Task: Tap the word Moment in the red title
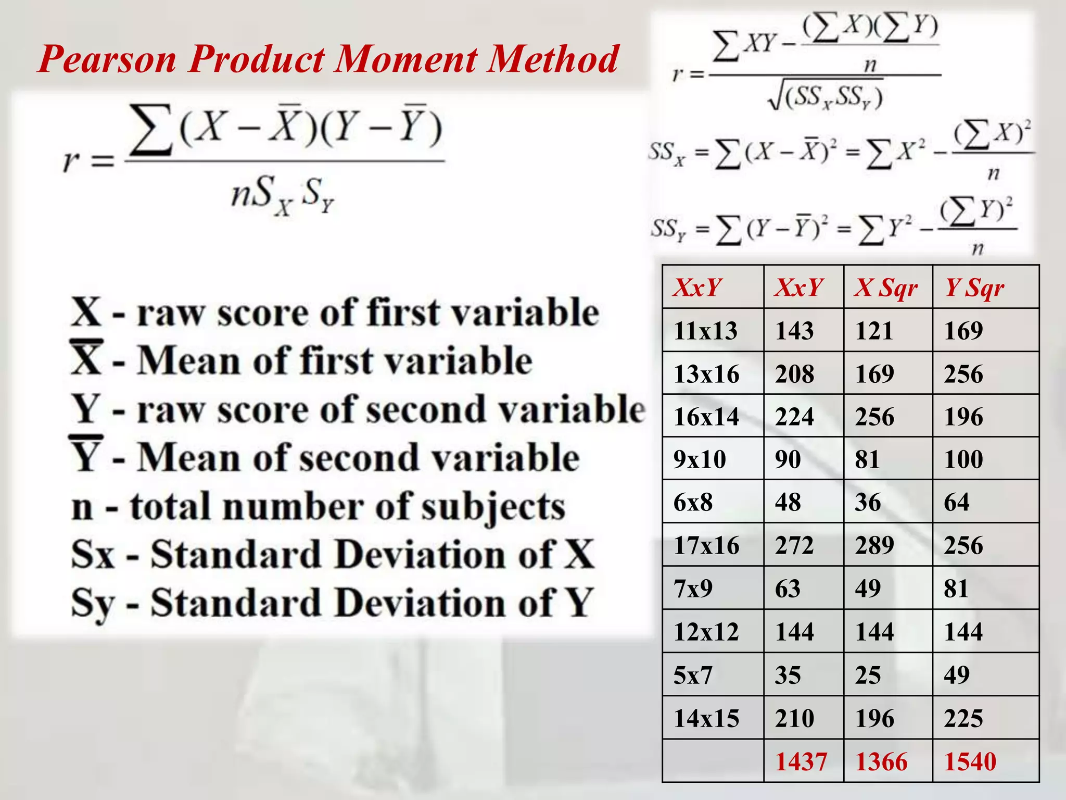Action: (405, 59)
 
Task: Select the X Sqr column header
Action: (885, 288)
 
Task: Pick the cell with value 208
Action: (794, 374)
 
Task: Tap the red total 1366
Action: (881, 761)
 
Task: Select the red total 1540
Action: (970, 761)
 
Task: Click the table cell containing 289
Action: (874, 545)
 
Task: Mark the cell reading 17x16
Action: (706, 545)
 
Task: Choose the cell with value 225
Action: (963, 718)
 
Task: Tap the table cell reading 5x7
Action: (693, 675)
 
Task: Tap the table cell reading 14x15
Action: (706, 718)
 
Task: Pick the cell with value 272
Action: (794, 545)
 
